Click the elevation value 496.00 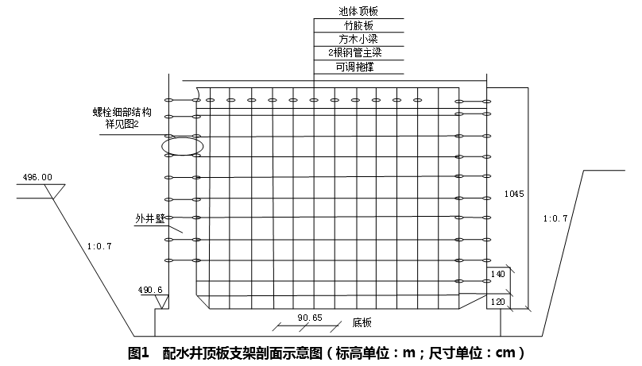click(37, 177)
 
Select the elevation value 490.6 click(150, 291)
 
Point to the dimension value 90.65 click(310, 318)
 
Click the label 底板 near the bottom click(362, 323)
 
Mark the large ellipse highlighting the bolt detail click(182, 145)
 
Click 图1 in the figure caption click(139, 352)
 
